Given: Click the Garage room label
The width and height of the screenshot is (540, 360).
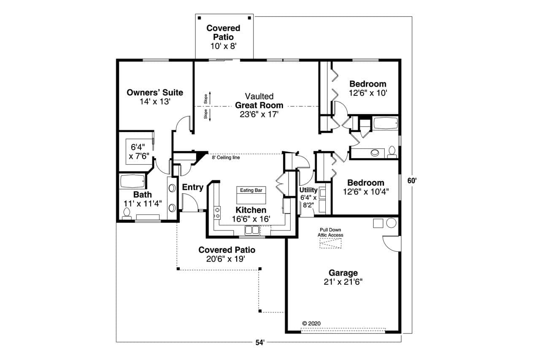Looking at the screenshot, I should tap(343, 273).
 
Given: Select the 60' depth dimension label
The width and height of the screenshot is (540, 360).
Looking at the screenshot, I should tap(412, 181).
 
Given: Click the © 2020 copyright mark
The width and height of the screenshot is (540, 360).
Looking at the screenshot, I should tap(312, 323).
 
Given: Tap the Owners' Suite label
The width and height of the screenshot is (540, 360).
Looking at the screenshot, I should tap(155, 92).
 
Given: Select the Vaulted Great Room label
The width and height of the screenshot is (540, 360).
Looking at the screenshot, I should tap(259, 101).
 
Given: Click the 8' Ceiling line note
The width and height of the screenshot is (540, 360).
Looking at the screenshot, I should tap(226, 157).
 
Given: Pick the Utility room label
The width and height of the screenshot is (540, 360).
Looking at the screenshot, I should tap(308, 190).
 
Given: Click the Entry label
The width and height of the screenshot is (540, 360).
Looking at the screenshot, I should tap(193, 187).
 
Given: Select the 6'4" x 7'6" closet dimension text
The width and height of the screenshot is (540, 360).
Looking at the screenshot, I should tap(139, 152).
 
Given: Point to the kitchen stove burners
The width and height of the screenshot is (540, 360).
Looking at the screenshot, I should tap(218, 212).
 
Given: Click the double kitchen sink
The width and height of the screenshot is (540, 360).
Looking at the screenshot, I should tap(253, 230).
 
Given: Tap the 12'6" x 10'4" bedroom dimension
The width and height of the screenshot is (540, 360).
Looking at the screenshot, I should tap(366, 191).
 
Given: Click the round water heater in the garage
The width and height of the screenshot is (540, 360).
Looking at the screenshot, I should tap(391, 223).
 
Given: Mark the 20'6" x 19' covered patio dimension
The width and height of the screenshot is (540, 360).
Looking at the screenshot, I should tap(227, 259).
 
